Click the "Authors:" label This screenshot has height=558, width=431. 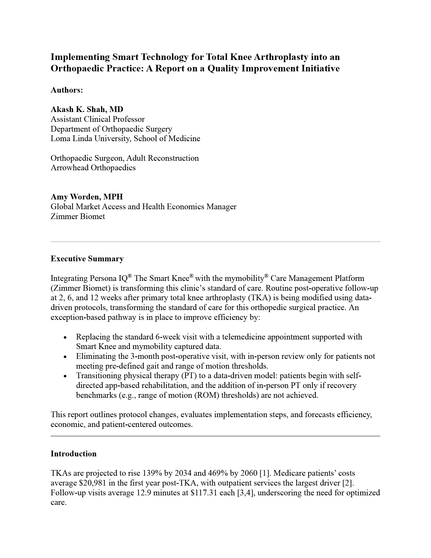point(67,90)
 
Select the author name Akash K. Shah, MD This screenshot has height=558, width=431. point(87,109)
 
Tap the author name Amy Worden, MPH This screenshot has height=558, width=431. point(87,197)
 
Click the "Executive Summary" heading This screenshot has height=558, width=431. point(87,259)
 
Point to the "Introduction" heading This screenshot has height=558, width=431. point(74,454)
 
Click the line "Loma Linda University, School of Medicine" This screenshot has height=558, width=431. point(125,138)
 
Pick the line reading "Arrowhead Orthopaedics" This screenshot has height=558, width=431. point(93,168)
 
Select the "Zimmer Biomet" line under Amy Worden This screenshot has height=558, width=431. point(78,216)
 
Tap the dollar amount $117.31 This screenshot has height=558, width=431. point(201,493)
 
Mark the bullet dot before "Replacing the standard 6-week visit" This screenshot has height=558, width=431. point(65,338)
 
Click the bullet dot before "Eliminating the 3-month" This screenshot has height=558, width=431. point(65,357)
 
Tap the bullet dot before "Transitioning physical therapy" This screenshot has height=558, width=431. point(65,376)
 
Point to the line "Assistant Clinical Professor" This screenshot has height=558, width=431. point(98,119)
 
